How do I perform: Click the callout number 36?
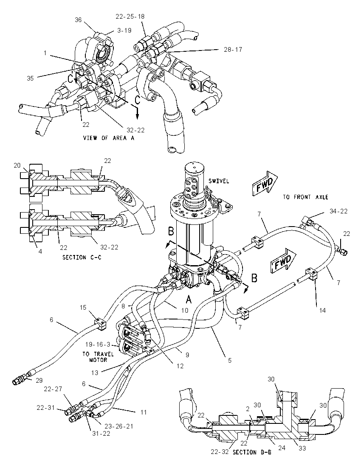pyautogui.click(x=78, y=20)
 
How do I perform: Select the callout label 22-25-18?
pyautogui.click(x=130, y=17)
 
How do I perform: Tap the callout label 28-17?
pyautogui.click(x=233, y=50)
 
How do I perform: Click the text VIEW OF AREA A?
pyautogui.click(x=109, y=138)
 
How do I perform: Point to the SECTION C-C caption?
pyautogui.click(x=82, y=258)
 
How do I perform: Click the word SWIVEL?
pyautogui.click(x=219, y=181)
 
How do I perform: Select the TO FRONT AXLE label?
pyautogui.click(x=305, y=197)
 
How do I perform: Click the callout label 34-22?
pyautogui.click(x=338, y=211)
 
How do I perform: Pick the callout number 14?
pyautogui.click(x=322, y=310)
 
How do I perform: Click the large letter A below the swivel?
pyautogui.click(x=189, y=300)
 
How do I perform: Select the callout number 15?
pyautogui.click(x=83, y=307)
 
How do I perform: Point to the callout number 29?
pyautogui.click(x=39, y=381)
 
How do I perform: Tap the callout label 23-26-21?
pyautogui.click(x=118, y=426)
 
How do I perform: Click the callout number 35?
pyautogui.click(x=30, y=78)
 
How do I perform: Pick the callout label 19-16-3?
pyautogui.click(x=98, y=345)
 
